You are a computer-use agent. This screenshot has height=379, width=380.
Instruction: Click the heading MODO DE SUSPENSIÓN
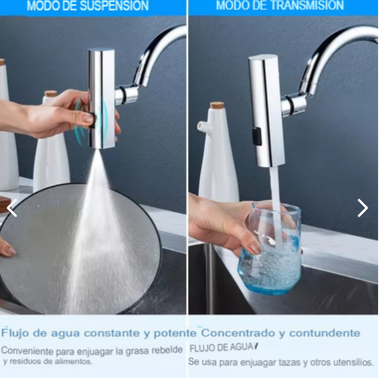click(87, 6)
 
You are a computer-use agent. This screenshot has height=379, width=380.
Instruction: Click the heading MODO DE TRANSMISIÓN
click(279, 6)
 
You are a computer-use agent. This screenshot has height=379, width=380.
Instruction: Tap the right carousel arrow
click(362, 208)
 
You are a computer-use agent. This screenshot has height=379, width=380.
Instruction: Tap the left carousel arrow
click(11, 208)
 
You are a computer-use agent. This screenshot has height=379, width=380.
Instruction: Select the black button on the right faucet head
click(257, 136)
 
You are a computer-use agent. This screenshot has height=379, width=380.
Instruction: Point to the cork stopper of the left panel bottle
click(51, 94)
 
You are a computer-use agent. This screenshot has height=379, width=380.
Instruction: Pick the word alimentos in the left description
click(72, 361)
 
